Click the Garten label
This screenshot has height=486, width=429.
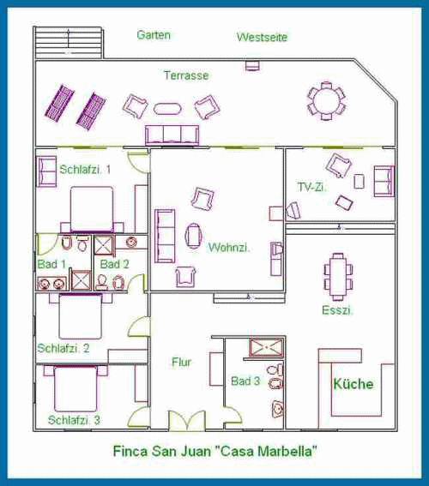tap(154, 34)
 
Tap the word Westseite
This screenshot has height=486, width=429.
tap(262, 37)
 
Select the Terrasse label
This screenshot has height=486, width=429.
tap(186, 75)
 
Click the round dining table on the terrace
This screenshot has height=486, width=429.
tap(326, 101)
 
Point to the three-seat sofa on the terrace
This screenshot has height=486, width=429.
tap(172, 135)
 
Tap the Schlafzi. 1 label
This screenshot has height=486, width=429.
tap(85, 170)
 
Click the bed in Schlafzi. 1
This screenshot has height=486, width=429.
tap(91, 209)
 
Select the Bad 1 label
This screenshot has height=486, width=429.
tap(51, 264)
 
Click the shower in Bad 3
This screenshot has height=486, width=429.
tap(267, 348)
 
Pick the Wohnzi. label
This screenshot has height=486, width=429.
tap(229, 248)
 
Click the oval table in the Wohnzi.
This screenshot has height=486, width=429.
tap(193, 236)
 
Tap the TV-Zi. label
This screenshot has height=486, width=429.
tap(311, 187)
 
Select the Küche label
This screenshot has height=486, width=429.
tap(353, 384)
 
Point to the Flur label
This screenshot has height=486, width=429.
tap(181, 362)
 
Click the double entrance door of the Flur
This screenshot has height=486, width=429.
tap(187, 421)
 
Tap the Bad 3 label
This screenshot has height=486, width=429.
tap(245, 381)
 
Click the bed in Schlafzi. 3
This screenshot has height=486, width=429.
tap(76, 388)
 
